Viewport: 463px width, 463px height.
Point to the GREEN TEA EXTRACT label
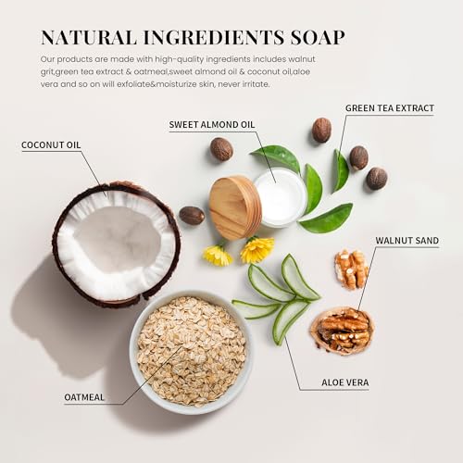point(389,108)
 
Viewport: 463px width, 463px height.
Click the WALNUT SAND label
point(407,241)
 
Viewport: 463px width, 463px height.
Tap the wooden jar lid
point(235,207)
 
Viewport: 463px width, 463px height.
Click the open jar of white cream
point(280,195)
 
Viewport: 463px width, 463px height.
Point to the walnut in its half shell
point(342,330)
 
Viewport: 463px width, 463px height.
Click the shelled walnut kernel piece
point(351,269)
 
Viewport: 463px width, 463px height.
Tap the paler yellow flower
point(218,255)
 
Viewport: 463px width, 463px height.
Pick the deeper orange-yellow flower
point(257,249)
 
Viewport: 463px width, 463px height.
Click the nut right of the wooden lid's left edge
point(192,215)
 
